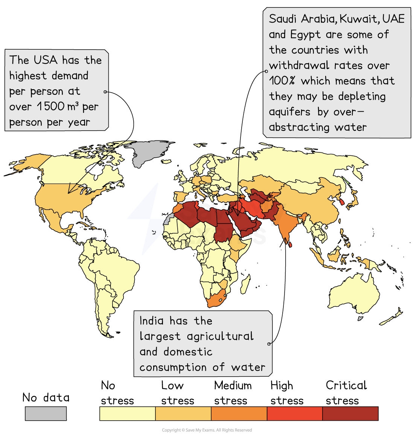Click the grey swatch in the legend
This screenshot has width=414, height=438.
point(46,413)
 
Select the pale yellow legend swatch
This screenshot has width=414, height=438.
point(128,413)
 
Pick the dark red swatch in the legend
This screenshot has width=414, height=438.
point(350,413)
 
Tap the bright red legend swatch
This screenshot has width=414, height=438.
point(295,413)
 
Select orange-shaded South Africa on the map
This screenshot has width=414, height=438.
point(215,299)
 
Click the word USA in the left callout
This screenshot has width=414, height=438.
point(45,60)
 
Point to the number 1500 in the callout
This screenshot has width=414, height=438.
point(51,106)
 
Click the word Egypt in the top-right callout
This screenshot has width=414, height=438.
point(305,35)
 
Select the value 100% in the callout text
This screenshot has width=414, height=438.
point(281,81)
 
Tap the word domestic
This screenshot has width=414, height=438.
point(188,352)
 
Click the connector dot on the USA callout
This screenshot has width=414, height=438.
point(105,92)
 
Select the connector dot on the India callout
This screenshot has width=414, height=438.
point(269,344)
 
